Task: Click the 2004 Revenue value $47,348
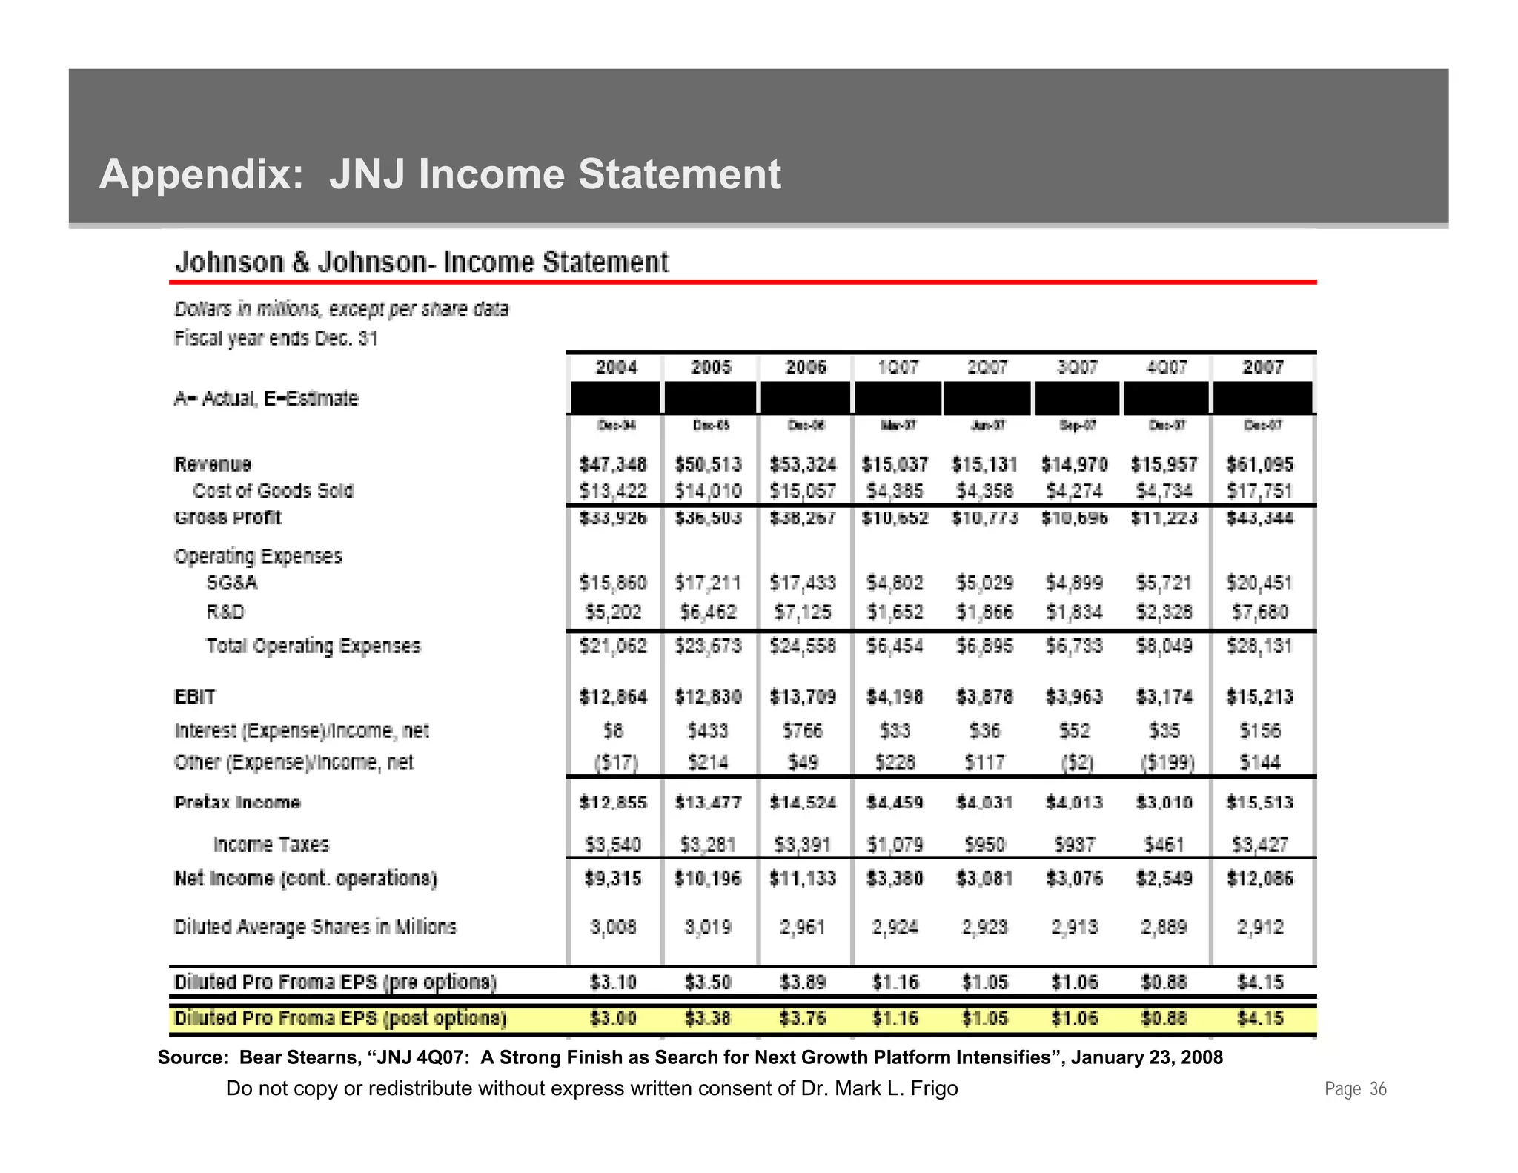tap(612, 464)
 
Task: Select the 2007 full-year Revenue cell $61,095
tap(1260, 464)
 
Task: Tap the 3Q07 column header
tap(1076, 367)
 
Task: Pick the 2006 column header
tap(805, 367)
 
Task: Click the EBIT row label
tap(195, 697)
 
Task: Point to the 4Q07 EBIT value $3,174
tap(1164, 697)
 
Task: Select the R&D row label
tap(225, 612)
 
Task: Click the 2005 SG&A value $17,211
tap(708, 584)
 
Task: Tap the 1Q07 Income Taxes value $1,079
tap(895, 845)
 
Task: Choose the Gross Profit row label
tap(228, 518)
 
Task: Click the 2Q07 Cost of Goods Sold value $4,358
tap(985, 491)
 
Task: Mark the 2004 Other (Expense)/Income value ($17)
tap(615, 762)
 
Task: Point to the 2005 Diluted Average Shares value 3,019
tap(708, 927)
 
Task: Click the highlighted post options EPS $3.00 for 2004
tap(613, 1018)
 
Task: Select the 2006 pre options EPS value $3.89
tap(803, 982)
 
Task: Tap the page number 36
tap(1378, 1088)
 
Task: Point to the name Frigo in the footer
tap(933, 1088)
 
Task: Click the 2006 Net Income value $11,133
tap(803, 879)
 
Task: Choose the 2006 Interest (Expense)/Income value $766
tap(803, 731)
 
